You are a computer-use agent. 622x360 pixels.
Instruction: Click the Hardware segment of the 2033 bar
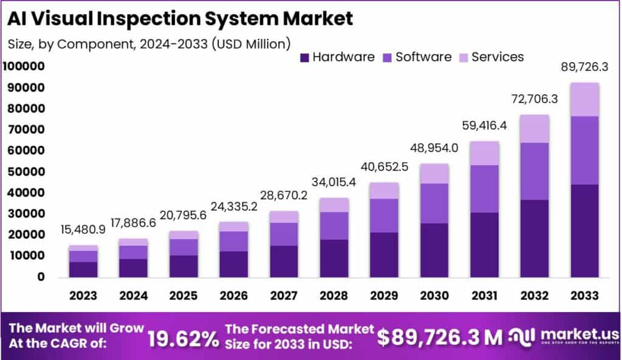[584, 231]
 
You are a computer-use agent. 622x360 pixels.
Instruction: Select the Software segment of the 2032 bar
[535, 171]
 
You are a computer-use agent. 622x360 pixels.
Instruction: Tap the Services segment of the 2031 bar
[485, 153]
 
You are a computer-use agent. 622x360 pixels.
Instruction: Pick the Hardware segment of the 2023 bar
[83, 269]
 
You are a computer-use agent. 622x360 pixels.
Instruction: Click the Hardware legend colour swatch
[305, 58]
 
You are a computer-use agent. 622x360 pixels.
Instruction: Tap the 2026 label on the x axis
[234, 295]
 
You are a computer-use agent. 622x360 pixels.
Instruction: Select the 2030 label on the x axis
[434, 295]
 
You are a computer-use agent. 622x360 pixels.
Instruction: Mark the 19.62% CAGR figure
[183, 338]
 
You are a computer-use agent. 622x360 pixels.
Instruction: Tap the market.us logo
[564, 336]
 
